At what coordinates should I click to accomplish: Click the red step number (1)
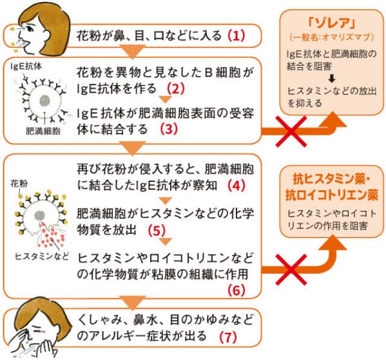click(x=236, y=35)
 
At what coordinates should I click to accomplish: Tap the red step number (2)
click(x=176, y=88)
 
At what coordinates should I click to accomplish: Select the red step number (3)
click(x=169, y=129)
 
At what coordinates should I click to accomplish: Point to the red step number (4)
click(x=236, y=186)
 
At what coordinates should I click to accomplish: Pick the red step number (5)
click(x=157, y=230)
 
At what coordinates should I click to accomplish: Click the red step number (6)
click(x=236, y=290)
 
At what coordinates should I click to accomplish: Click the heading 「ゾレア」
click(x=332, y=24)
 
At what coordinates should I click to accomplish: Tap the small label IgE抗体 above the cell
click(x=26, y=66)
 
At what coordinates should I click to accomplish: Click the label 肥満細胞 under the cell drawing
click(x=43, y=131)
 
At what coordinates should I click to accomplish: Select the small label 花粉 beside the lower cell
click(x=19, y=184)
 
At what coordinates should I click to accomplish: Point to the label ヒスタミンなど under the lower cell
click(x=42, y=257)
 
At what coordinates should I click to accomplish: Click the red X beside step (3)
click(x=291, y=132)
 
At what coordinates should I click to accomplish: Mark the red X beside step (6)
click(x=291, y=270)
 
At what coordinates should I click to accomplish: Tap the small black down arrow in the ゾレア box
click(x=332, y=79)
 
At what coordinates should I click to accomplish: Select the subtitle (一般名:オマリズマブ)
click(x=332, y=37)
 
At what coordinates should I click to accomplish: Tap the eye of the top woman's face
click(x=30, y=28)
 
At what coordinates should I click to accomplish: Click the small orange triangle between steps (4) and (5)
click(x=166, y=201)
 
